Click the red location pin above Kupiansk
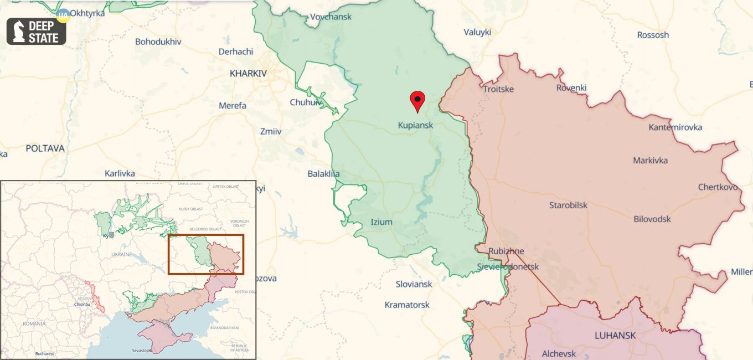[x=417, y=101]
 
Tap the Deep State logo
[x=37, y=32]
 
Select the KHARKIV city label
[x=248, y=73]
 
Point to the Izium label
[x=381, y=222]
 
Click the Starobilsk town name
[x=568, y=205]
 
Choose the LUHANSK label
[x=615, y=335]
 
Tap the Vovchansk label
[x=331, y=17]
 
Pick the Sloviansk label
[x=414, y=284]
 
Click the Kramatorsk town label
[x=407, y=305]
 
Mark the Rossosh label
[x=653, y=35]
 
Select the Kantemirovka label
[x=675, y=127]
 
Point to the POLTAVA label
[x=45, y=148]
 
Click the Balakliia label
[x=323, y=174]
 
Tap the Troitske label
[x=498, y=89]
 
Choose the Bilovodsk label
[x=652, y=219]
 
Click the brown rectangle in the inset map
[x=206, y=254]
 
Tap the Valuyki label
[x=477, y=32]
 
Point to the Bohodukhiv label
[x=158, y=42]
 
